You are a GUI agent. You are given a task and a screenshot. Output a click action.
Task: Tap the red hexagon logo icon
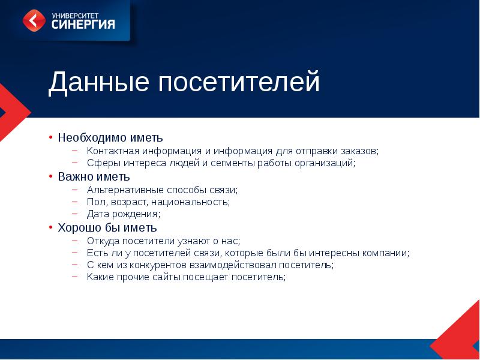[x=34, y=20]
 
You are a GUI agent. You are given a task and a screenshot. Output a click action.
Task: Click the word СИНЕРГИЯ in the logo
[x=83, y=25]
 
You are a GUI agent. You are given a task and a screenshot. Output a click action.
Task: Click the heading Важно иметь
[x=94, y=177]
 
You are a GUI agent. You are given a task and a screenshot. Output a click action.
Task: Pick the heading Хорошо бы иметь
[x=107, y=228]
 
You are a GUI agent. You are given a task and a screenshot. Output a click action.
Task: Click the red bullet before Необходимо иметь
[x=52, y=137]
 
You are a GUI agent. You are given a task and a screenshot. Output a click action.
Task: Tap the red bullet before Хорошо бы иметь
[x=52, y=228]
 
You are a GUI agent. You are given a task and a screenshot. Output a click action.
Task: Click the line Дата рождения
[x=123, y=214]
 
